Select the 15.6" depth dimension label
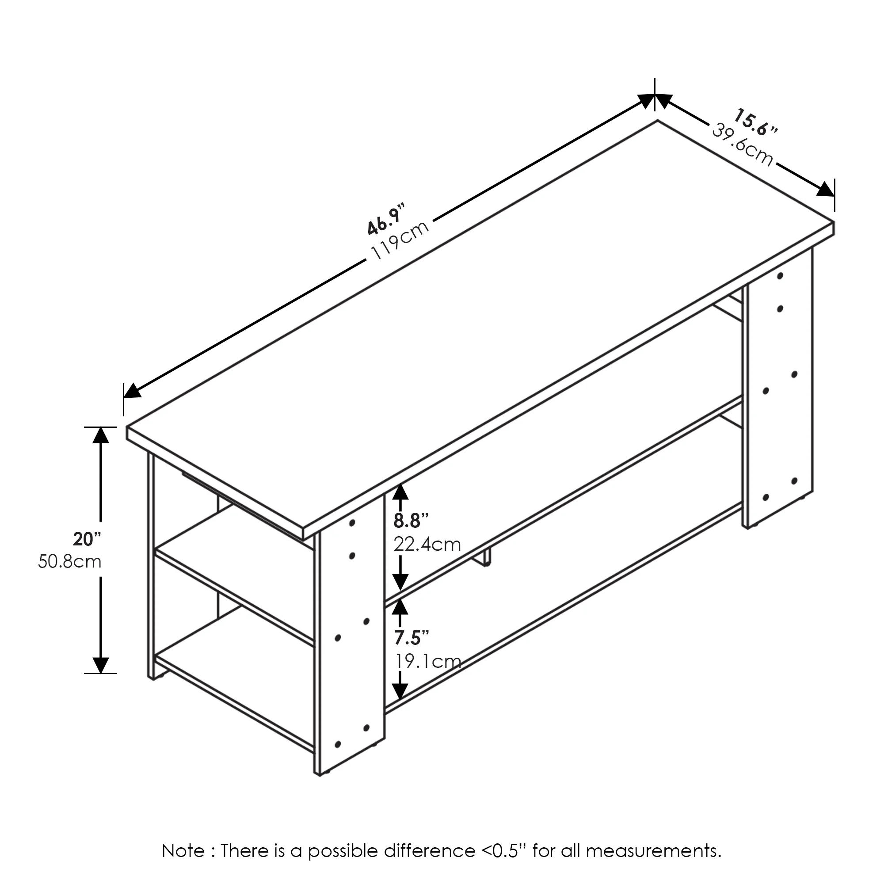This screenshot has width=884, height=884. coord(755,122)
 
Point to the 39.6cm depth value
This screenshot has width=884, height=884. coord(742,145)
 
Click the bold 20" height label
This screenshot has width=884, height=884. coord(87,539)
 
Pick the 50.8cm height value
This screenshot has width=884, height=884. coord(69,561)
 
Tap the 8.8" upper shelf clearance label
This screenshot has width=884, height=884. coord(411,520)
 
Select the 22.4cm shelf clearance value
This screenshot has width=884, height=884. coord(427,545)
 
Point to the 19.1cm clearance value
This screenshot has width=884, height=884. coord(428,662)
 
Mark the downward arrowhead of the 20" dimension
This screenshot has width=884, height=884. coord(101,665)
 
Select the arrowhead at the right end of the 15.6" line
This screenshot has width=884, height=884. coord(825,190)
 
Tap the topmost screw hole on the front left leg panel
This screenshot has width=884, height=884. coord(352,522)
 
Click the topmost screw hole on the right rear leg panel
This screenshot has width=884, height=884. coord(781,276)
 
